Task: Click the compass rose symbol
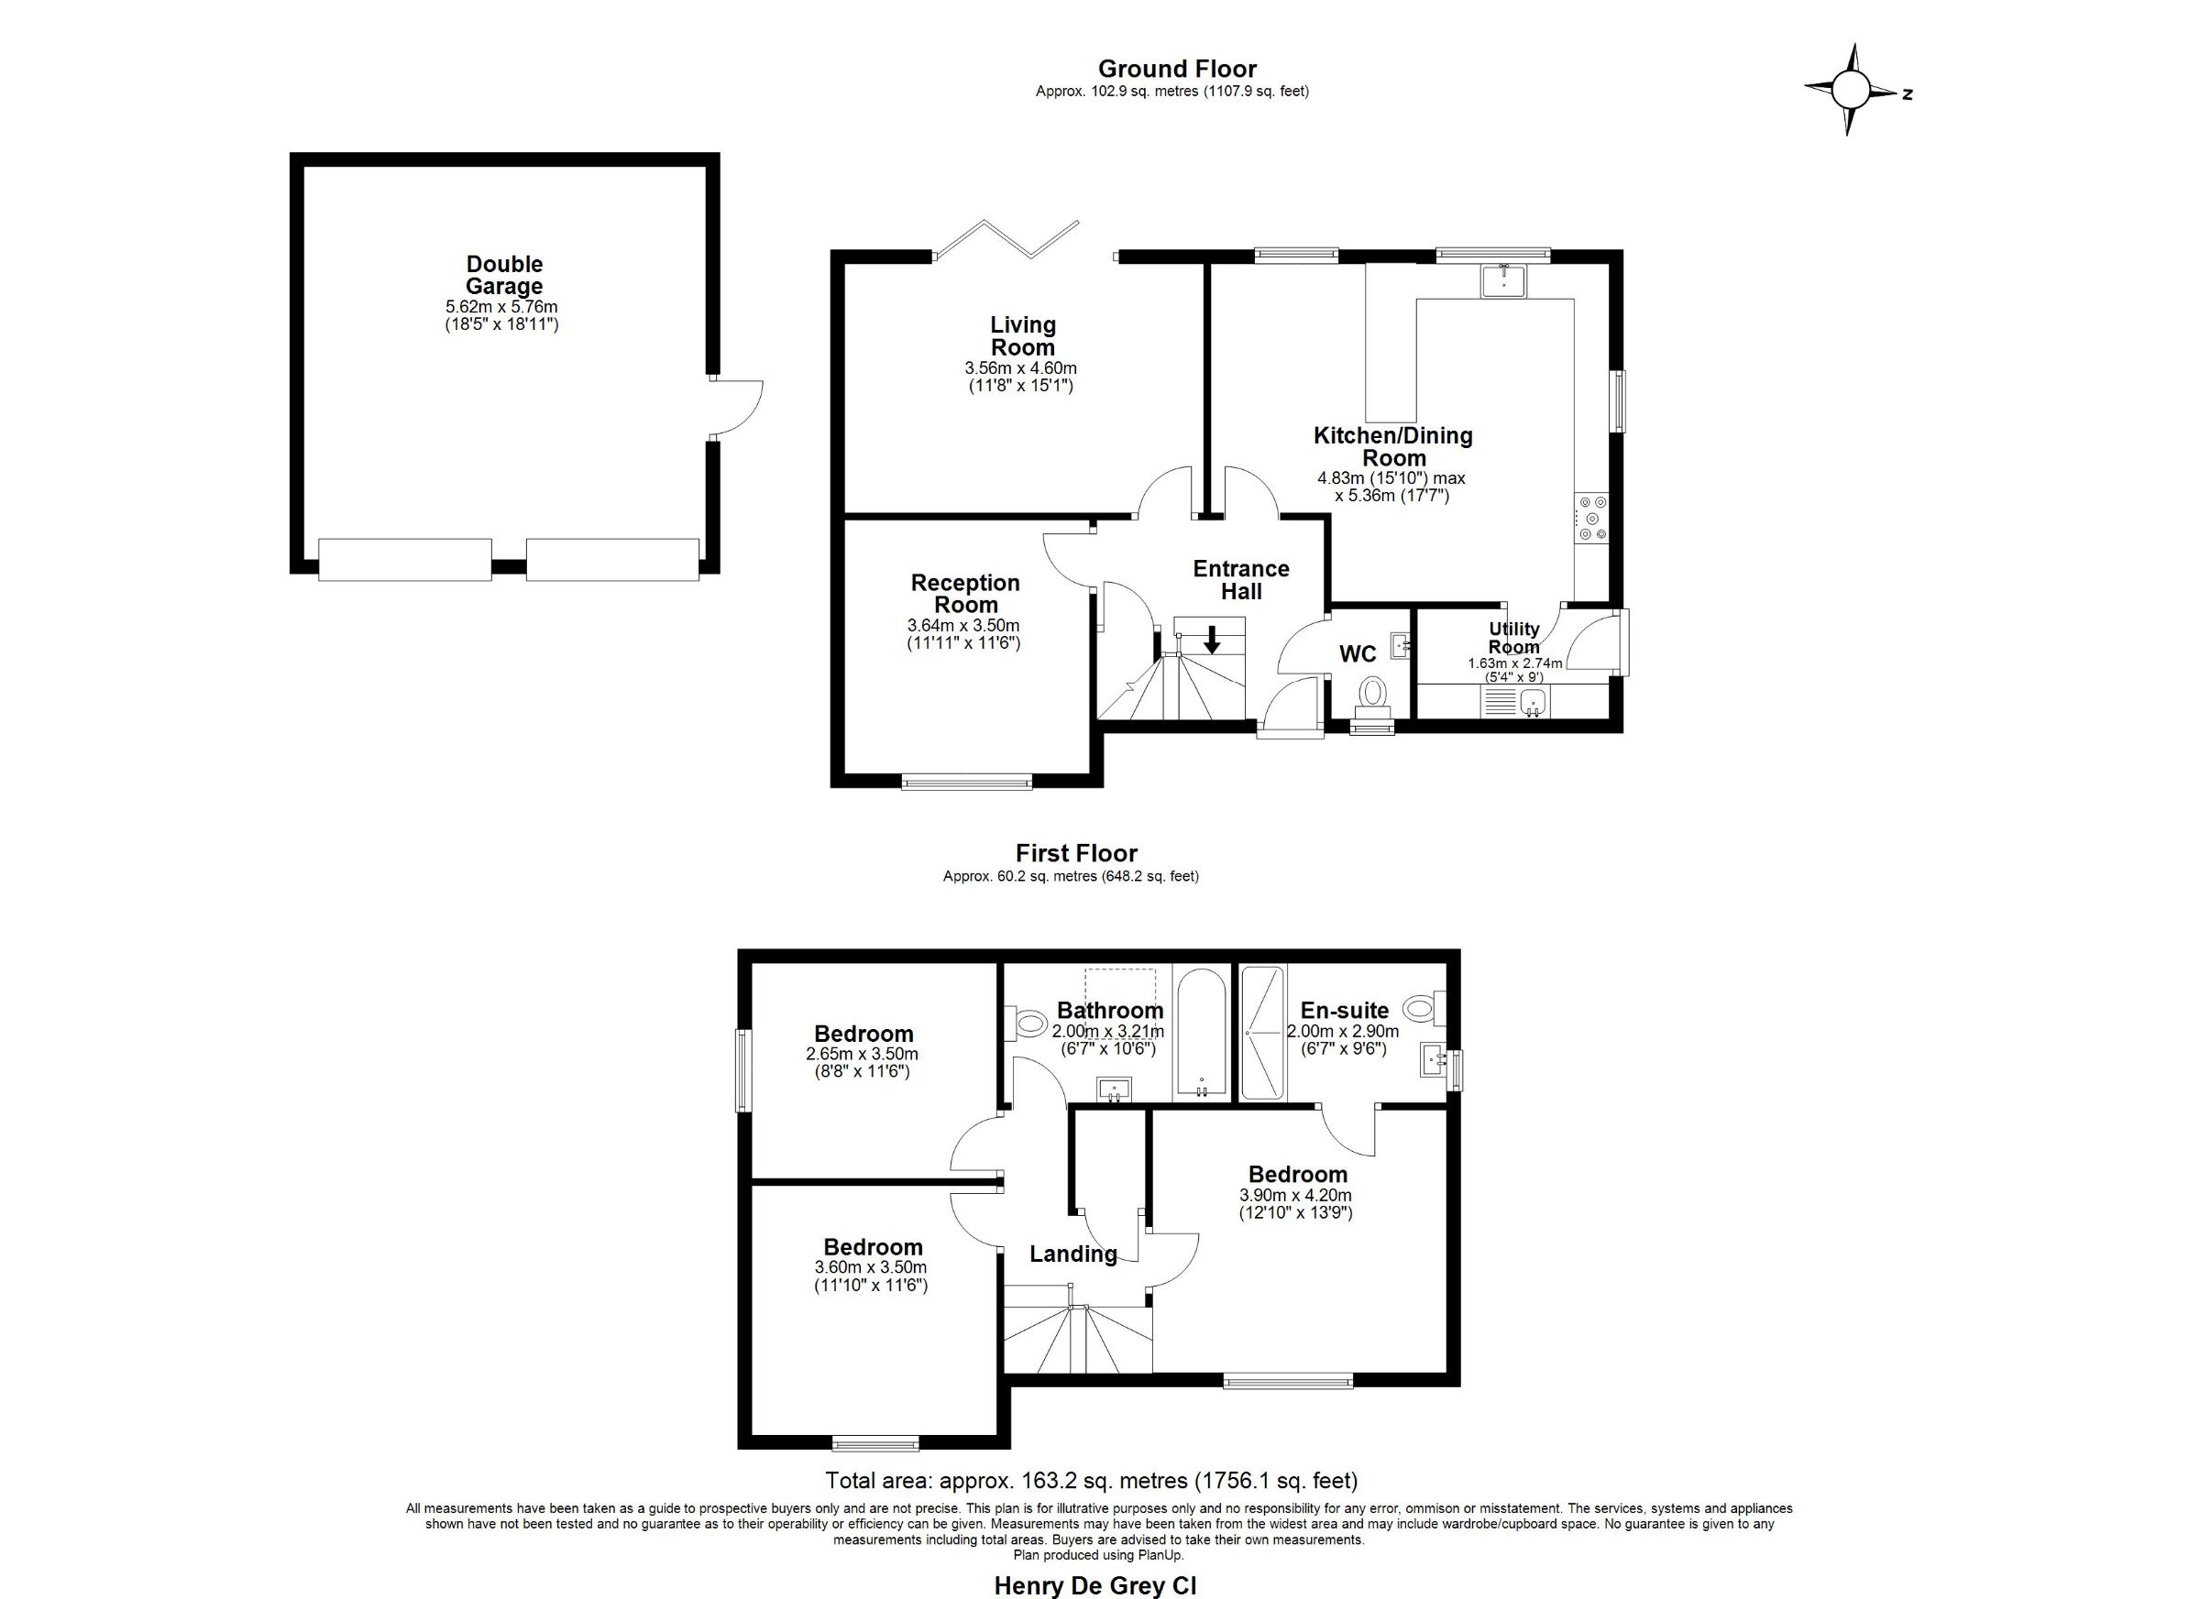pos(1849,91)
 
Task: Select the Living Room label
pos(1022,336)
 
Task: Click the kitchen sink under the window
pos(1503,280)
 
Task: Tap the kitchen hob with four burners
pos(1592,520)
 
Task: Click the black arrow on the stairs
pos(1212,640)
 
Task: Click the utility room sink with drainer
pos(1516,702)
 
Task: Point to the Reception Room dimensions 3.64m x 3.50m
pos(963,626)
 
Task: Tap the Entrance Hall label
pos(1240,580)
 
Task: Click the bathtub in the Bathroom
pos(1201,1034)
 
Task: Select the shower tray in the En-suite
pos(1263,1033)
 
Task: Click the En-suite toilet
pos(1424,1009)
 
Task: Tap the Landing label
pos(1072,1254)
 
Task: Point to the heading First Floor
pos(1076,853)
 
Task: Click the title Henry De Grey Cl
pos(1095,1585)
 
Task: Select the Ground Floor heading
pos(1177,69)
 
